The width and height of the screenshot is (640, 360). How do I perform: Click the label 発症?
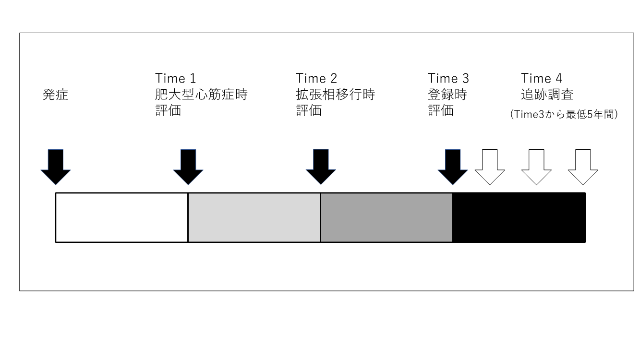click(x=56, y=95)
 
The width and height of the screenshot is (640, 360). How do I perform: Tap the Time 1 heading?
click(x=176, y=78)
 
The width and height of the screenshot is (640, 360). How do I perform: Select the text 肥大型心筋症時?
click(x=201, y=95)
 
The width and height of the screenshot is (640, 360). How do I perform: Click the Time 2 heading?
click(x=317, y=78)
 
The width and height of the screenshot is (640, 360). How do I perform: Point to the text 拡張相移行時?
click(x=335, y=95)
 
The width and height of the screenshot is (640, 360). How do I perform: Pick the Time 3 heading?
click(x=448, y=78)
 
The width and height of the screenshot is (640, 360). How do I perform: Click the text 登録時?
click(x=447, y=95)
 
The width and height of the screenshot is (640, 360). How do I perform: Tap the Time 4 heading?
click(x=542, y=78)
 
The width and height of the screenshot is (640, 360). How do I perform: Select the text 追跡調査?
click(x=547, y=95)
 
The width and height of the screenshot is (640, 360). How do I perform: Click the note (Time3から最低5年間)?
click(x=563, y=116)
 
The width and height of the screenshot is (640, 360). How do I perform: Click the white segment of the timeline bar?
click(x=122, y=217)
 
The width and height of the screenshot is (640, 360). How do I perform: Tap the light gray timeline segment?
click(x=254, y=217)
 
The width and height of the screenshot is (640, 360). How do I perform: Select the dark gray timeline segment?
click(x=386, y=217)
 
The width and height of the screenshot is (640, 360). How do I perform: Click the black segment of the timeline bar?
click(x=519, y=217)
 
